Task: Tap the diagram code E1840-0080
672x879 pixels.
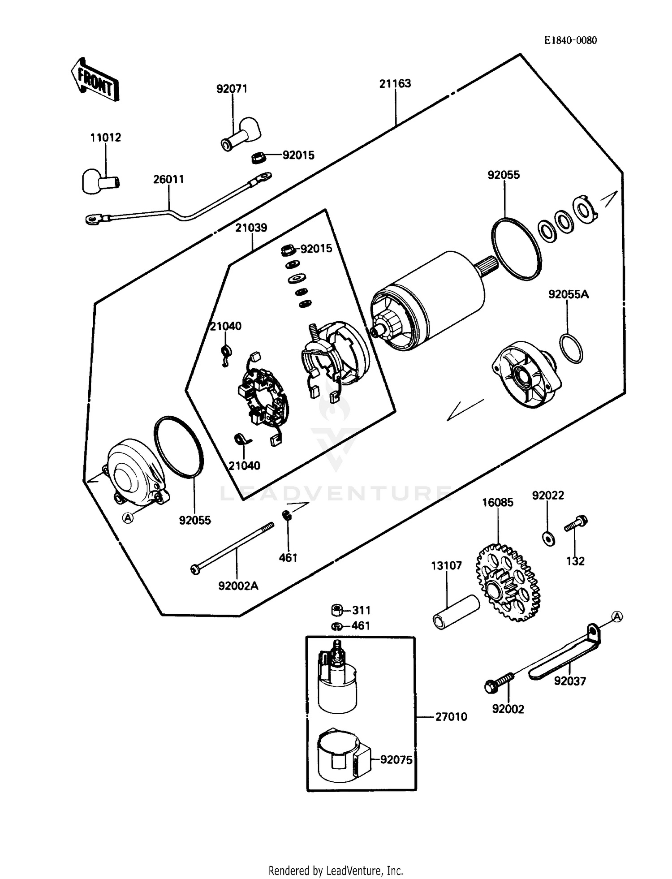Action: click(570, 40)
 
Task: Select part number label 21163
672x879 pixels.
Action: click(395, 84)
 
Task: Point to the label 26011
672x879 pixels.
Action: click(168, 180)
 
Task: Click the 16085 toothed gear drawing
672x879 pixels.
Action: click(508, 582)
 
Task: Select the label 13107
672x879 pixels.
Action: click(446, 566)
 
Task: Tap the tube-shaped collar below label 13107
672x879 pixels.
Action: click(456, 612)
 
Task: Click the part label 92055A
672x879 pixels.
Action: click(568, 295)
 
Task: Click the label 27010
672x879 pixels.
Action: click(451, 717)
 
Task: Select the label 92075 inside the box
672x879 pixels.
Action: click(396, 760)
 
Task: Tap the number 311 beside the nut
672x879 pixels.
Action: click(361, 610)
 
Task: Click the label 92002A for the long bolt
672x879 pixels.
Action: click(238, 586)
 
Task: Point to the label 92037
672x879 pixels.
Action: click(569, 681)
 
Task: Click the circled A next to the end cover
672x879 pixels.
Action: click(128, 518)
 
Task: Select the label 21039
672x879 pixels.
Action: click(251, 228)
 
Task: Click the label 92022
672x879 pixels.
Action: click(547, 496)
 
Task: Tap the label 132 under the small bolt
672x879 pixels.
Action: click(575, 561)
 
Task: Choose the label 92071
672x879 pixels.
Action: click(232, 89)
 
